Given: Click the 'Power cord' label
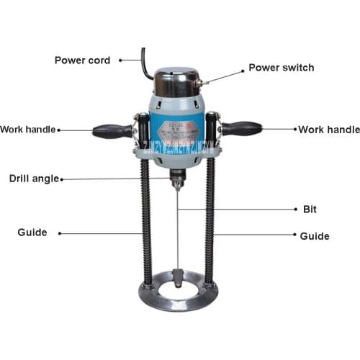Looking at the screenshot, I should (x=82, y=60).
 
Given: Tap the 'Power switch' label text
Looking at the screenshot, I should (x=281, y=68).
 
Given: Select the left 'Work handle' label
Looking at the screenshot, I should (x=27, y=130).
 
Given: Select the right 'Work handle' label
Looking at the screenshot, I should (x=329, y=130).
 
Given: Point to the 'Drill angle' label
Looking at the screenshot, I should (x=34, y=179).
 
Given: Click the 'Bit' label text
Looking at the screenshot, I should (x=310, y=210).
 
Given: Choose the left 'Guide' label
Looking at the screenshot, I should (x=32, y=233).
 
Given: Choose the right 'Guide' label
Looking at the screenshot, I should (x=314, y=235).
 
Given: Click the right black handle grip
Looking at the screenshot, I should (x=242, y=129).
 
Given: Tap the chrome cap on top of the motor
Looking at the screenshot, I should (x=176, y=81).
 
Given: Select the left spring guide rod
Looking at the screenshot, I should (x=148, y=223).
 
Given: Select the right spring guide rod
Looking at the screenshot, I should (x=210, y=223).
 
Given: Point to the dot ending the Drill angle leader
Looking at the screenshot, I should (x=62, y=179).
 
